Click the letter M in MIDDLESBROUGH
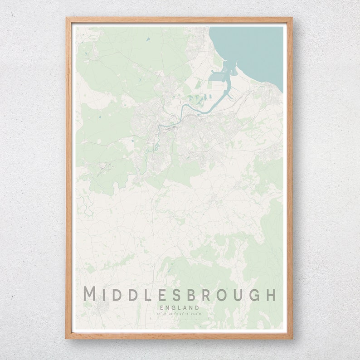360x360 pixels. (x=90, y=294)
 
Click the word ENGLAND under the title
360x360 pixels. (x=180, y=308)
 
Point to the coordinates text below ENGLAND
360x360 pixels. (x=180, y=314)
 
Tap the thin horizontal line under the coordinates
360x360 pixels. (x=180, y=319)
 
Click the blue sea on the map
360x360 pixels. (x=254, y=50)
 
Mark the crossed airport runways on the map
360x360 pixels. (x=106, y=169)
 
